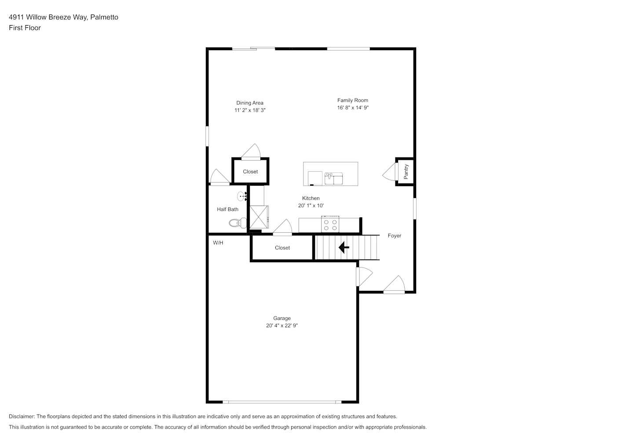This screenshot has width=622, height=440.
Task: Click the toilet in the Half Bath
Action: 238,223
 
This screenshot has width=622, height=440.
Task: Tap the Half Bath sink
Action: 242,196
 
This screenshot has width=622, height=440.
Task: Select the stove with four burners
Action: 330,224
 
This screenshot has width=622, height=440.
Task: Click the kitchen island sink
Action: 333,179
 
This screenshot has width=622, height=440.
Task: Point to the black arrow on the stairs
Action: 344,247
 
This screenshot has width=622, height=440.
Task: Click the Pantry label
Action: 406,172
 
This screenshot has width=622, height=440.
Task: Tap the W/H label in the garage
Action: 218,243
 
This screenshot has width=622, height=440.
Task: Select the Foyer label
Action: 394,235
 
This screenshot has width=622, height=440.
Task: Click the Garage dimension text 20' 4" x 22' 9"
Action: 282,326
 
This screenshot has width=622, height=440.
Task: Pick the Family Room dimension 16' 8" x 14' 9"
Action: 353,107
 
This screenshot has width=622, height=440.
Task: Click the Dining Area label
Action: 249,103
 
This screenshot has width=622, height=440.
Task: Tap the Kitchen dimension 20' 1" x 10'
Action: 311,205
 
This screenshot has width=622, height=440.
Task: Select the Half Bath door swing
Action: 220,177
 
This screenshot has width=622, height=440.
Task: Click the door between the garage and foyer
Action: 364,276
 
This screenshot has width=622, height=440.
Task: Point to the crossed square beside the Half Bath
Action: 259,217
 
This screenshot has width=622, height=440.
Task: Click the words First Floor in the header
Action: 25,28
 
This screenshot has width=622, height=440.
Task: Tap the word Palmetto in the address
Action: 104,17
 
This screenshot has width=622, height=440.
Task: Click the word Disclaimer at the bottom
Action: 22,416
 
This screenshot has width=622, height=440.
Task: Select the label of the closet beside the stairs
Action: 282,248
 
